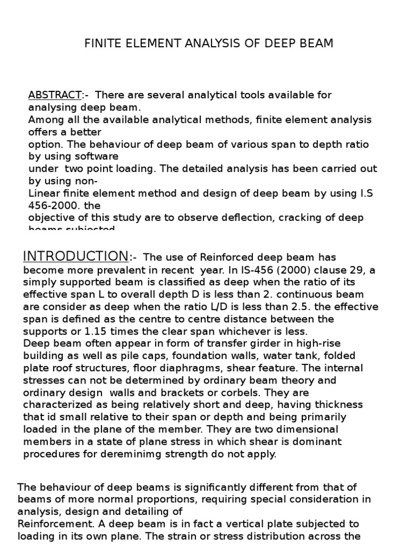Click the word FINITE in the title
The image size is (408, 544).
101,44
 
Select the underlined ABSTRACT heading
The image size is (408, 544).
54,95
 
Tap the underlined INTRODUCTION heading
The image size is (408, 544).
75,257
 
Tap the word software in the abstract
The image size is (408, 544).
100,156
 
